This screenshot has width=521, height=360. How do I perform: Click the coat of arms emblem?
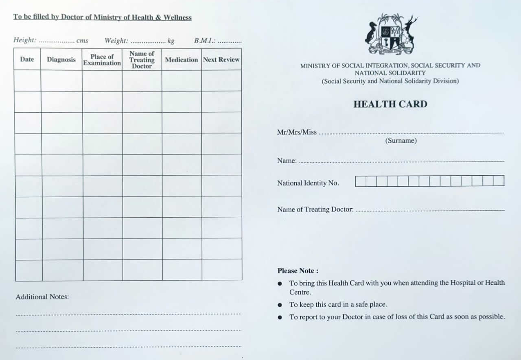tap(390, 34)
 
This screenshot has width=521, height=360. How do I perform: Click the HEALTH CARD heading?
tap(390, 104)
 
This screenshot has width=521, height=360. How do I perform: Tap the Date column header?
tap(27, 59)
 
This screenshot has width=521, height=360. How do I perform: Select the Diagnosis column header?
tap(61, 59)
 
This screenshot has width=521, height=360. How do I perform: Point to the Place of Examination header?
tap(102, 60)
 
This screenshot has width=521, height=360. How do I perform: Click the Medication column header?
tap(181, 59)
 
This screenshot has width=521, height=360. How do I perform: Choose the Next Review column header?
tap(221, 59)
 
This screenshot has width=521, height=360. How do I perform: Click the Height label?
tap(24, 40)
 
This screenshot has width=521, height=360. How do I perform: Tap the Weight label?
tap(116, 41)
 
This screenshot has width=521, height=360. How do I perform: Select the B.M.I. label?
tap(204, 41)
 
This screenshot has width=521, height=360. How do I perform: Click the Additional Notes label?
tap(42, 297)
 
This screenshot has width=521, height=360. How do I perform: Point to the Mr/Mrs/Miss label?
tap(297, 132)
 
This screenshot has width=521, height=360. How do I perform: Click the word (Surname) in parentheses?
tap(401, 141)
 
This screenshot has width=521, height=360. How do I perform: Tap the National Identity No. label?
tap(308, 183)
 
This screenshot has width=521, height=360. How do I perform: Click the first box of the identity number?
tap(360, 181)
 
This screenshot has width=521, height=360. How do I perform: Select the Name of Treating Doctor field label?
tap(315, 209)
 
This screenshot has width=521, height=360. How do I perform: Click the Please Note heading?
tap(298, 271)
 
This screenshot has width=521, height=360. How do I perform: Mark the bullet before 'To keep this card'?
tap(280, 305)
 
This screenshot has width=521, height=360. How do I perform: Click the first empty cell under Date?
tap(27, 81)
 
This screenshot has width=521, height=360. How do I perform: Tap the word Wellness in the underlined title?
tap(177, 17)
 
